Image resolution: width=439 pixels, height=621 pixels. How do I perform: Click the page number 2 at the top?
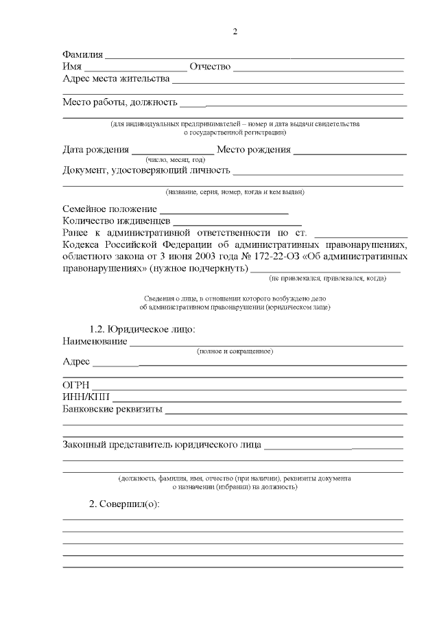point(235,32)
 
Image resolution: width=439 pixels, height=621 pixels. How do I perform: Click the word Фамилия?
point(82,54)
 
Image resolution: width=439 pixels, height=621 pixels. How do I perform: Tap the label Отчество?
point(211,67)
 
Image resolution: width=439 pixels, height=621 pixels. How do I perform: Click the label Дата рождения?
point(95,150)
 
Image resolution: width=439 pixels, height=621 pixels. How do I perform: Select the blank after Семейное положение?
point(224,209)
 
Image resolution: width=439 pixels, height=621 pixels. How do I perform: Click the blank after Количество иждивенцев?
point(237,222)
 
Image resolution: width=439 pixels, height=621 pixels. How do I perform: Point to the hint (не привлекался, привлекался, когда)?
point(327,278)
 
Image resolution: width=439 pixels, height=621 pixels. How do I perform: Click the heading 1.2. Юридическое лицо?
point(143,329)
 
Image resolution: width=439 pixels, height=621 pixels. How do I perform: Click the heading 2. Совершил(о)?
point(124,504)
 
